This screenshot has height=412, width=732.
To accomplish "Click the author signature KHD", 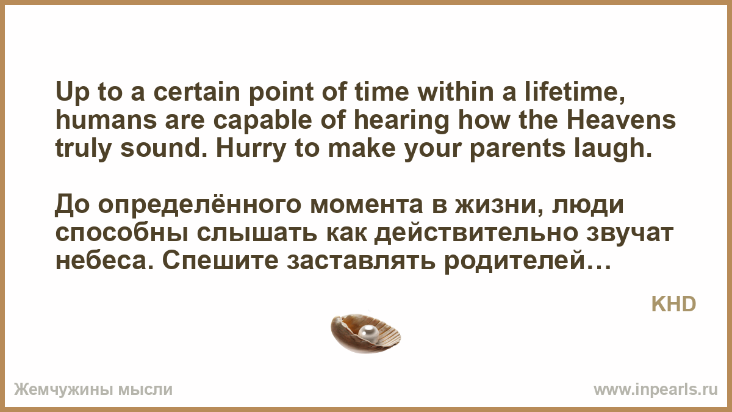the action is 673,305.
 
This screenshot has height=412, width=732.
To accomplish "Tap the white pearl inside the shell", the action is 368,334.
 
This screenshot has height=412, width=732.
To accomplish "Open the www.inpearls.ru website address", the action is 656,389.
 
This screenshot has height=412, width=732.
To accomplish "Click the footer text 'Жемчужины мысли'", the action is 93,389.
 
